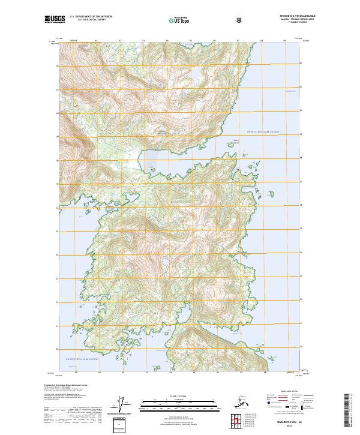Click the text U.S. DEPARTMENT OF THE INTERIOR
(91, 17)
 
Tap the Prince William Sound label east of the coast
(263, 131)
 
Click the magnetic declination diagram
(123, 404)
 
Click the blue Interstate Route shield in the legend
(268, 406)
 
